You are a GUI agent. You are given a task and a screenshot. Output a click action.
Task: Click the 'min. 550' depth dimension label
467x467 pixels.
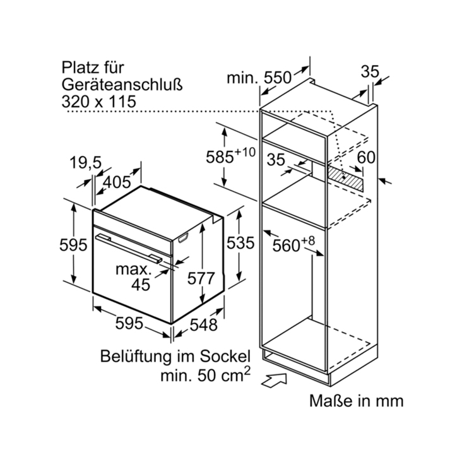tap(259, 78)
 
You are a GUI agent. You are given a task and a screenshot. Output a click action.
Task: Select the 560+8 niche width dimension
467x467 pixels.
tap(293, 244)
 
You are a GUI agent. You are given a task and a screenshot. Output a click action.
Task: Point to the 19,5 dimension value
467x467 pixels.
tap(86, 163)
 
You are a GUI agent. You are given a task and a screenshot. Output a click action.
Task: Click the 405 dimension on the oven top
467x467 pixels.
tap(117, 182)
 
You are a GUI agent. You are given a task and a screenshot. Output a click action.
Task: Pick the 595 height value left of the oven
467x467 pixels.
tap(73, 245)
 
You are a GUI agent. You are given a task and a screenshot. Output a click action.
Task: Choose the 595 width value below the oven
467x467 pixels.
tap(129, 323)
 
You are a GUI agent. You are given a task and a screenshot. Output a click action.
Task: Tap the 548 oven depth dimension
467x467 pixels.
tap(204, 324)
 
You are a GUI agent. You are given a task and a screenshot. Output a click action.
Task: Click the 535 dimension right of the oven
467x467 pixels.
tap(240, 243)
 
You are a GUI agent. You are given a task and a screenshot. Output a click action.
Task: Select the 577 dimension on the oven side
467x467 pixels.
tap(201, 278)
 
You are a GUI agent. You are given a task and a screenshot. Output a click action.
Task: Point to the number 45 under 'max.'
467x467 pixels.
tap(141, 285)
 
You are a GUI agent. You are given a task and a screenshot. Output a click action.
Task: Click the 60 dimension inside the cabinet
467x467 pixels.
tap(366, 157)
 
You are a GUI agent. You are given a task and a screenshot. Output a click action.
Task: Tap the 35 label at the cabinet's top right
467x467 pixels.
tap(370, 72)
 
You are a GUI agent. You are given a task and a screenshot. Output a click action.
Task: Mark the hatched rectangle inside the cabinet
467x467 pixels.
tap(345, 178)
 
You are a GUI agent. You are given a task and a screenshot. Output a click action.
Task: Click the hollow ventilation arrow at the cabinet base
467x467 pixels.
tap(274, 381)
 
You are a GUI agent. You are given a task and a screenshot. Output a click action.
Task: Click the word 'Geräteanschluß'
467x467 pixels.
tap(122, 85)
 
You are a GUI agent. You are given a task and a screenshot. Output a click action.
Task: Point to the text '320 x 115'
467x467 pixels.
tap(98, 102)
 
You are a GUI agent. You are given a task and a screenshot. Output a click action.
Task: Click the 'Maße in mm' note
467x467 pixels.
tap(356, 401)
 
